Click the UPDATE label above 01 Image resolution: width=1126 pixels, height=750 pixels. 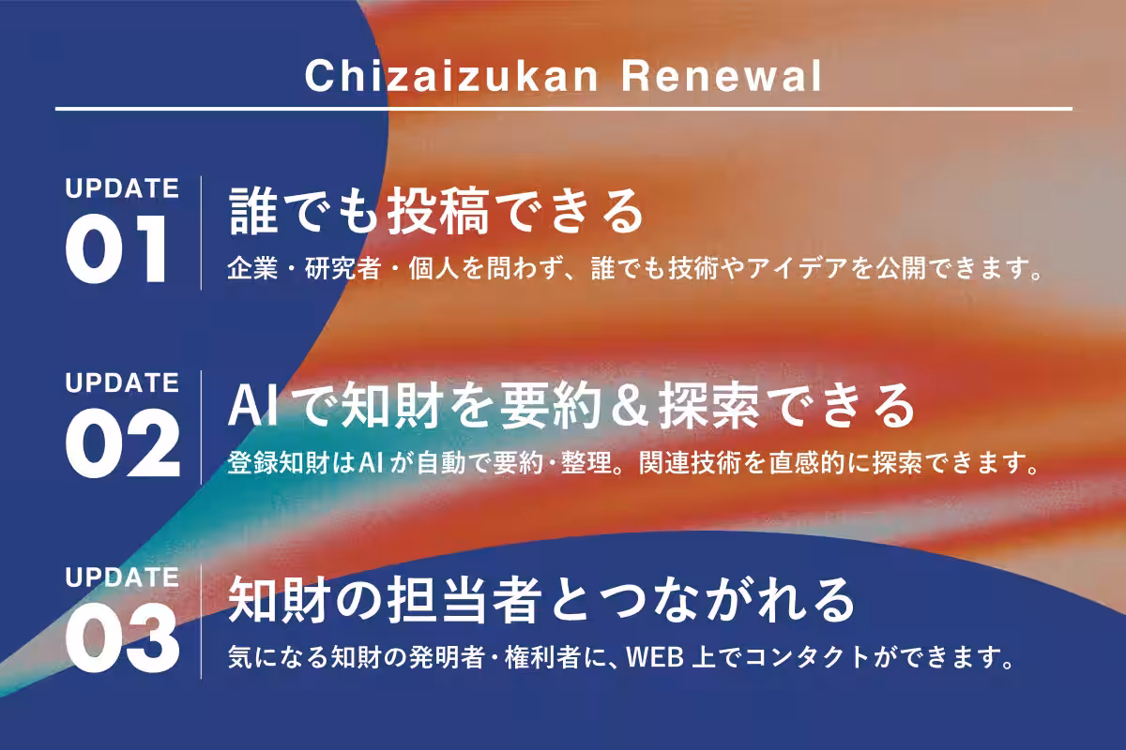pyautogui.click(x=122, y=188)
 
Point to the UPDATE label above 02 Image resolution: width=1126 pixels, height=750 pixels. pyautogui.click(x=122, y=383)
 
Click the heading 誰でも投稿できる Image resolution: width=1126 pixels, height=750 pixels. pyautogui.click(x=437, y=212)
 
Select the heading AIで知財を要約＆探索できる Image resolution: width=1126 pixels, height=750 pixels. pyautogui.click(x=571, y=406)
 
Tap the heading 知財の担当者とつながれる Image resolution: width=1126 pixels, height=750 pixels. pyautogui.click(x=542, y=600)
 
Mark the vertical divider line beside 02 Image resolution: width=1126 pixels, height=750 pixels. pyautogui.click(x=202, y=427)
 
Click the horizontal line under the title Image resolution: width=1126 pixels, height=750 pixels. pyautogui.click(x=563, y=109)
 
